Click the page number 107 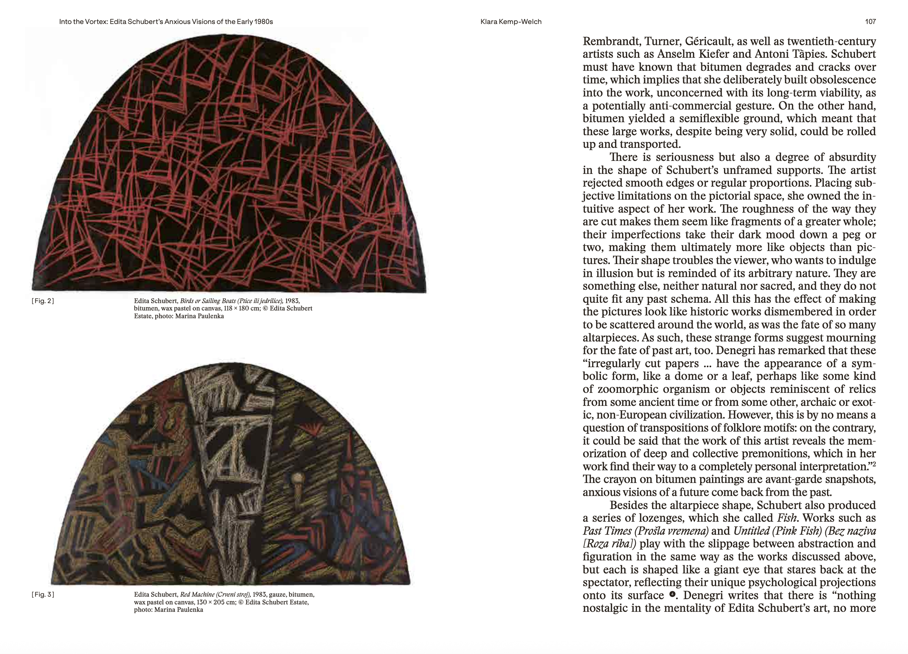click(x=870, y=22)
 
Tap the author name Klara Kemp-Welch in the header click(x=511, y=22)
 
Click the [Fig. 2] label click(x=43, y=301)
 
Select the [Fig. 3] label click(x=43, y=594)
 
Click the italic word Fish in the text click(x=786, y=518)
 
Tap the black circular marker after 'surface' click(x=672, y=594)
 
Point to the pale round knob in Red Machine click(x=298, y=478)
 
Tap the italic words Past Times click(x=606, y=531)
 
